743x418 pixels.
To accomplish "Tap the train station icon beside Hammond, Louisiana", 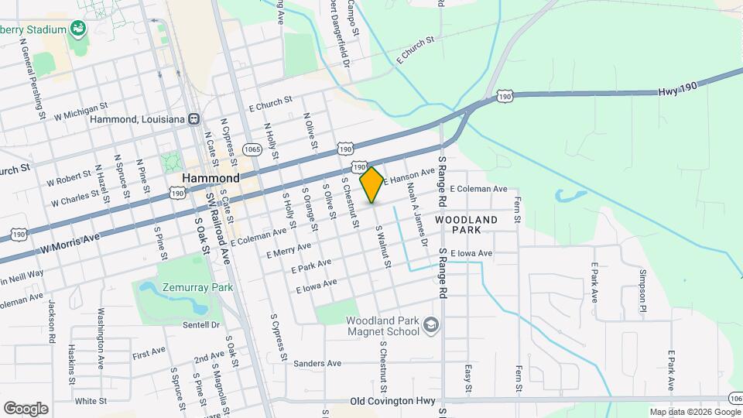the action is point(193,119).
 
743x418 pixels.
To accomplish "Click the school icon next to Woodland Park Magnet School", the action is point(431,325).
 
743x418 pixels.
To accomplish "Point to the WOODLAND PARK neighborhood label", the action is point(466,225).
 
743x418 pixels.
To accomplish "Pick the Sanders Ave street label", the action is point(317,363).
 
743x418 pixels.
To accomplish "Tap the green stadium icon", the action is point(77,29).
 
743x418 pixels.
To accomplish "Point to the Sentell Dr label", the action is point(203,325).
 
